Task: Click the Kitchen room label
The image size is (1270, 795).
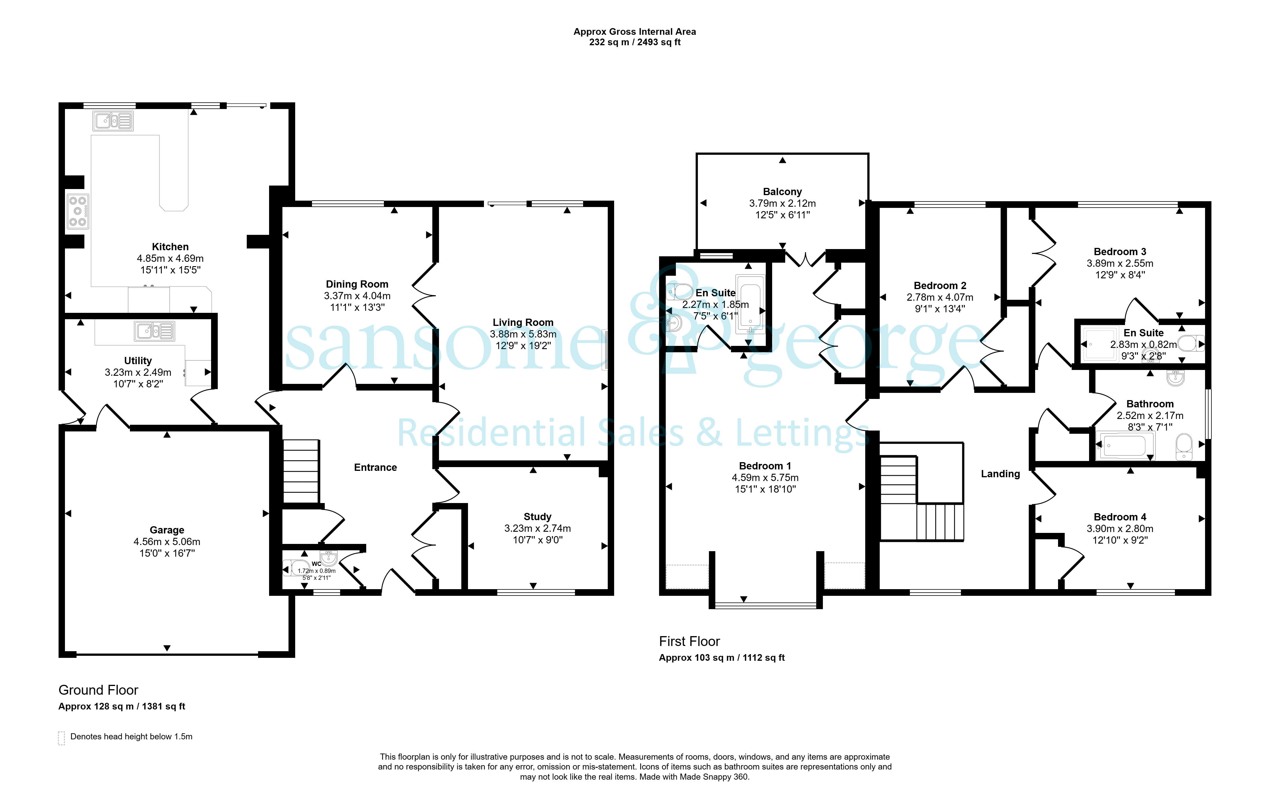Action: click(x=170, y=247)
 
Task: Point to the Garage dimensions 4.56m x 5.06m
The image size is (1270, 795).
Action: click(x=167, y=542)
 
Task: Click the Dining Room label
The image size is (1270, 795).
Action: click(x=357, y=284)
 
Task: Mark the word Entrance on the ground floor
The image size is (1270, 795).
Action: click(x=375, y=467)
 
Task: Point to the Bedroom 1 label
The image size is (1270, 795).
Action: click(x=765, y=466)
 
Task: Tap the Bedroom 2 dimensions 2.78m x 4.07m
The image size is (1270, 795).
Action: click(x=940, y=297)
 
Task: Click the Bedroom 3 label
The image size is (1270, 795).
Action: click(x=1120, y=251)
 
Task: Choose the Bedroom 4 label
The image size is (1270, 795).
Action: click(x=1120, y=517)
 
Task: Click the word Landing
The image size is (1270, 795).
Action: click(x=1000, y=474)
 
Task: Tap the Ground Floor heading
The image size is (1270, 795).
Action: click(x=98, y=690)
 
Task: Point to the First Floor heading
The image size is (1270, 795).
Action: click(x=689, y=641)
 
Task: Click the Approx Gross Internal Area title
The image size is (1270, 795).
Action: click(x=634, y=32)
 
